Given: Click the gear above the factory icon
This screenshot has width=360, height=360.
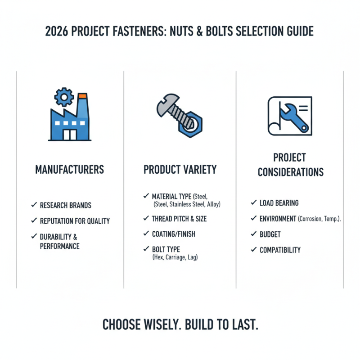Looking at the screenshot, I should click(x=63, y=96).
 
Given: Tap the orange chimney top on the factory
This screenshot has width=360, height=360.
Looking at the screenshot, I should click(x=82, y=96).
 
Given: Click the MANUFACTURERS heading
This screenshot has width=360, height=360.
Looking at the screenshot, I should click(x=70, y=170).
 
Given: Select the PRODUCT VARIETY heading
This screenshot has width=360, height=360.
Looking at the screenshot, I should click(x=180, y=170).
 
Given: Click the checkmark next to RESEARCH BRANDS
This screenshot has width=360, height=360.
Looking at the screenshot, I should click(x=34, y=205).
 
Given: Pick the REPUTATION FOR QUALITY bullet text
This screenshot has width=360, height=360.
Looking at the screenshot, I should click(x=75, y=221).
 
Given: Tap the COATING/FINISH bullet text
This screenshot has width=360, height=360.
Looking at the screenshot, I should click(x=174, y=234).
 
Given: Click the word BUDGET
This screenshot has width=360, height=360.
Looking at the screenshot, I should click(x=270, y=234).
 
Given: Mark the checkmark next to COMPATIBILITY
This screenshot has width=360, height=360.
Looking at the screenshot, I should click(x=253, y=250).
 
